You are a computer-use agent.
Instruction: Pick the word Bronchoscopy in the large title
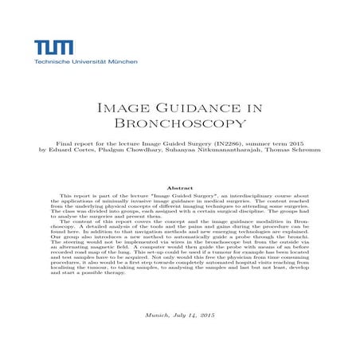[179, 123]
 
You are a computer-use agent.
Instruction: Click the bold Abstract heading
[179, 186]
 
